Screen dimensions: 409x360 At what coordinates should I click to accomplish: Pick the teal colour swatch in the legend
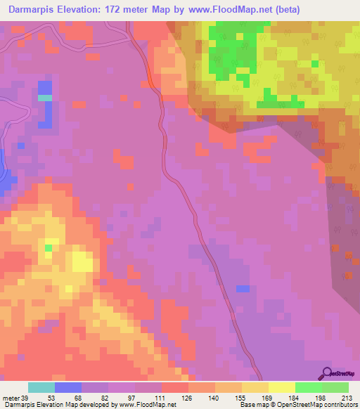41,387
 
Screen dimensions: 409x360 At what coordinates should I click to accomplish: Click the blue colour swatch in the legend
68,387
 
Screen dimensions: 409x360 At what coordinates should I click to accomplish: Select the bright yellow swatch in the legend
282,387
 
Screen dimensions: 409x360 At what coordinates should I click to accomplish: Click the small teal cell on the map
45,98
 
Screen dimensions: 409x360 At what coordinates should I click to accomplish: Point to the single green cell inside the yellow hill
49,247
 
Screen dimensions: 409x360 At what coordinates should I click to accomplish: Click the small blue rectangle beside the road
243,289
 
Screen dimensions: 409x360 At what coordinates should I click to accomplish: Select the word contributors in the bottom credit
340,405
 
